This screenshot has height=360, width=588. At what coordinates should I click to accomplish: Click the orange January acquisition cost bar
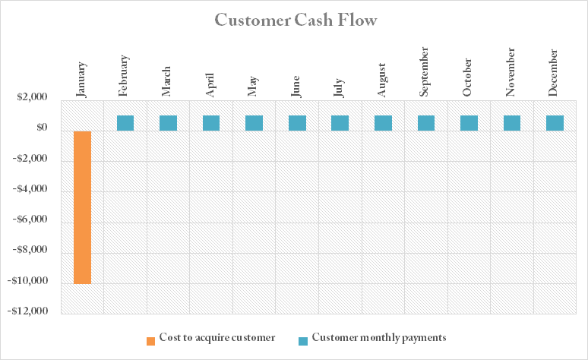click(x=82, y=207)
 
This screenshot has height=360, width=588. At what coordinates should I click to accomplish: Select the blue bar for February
click(x=125, y=122)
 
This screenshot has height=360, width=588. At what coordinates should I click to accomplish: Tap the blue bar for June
click(x=297, y=122)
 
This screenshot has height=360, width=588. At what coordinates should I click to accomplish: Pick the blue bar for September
click(x=426, y=122)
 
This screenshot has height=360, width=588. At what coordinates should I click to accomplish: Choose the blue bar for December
click(x=555, y=122)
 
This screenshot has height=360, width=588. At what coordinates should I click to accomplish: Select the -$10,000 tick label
click(x=27, y=281)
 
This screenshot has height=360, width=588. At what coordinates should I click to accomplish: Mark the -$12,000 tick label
click(x=27, y=311)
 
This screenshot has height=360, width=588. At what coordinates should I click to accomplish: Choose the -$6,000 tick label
click(x=30, y=220)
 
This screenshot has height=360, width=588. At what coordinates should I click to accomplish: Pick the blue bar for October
click(x=469, y=122)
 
